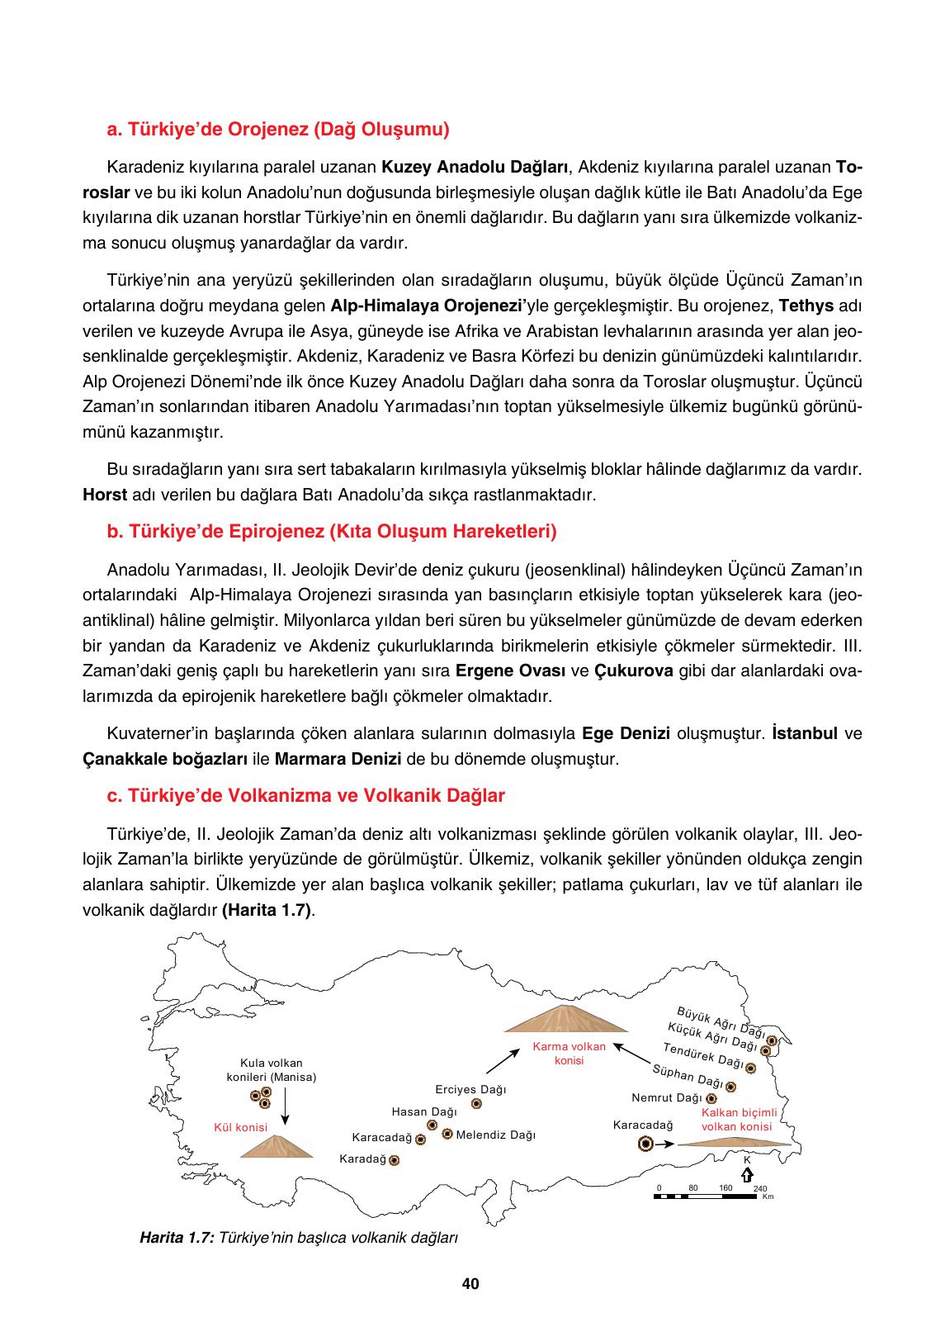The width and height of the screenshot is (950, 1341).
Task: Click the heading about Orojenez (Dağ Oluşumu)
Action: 278,130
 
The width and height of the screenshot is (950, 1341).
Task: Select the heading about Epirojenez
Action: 332,532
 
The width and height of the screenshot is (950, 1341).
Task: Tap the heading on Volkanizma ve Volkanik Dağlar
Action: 306,796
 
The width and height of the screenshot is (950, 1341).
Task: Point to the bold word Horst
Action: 105,495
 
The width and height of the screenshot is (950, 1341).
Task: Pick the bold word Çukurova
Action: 634,670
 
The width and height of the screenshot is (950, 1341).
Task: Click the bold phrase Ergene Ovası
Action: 510,670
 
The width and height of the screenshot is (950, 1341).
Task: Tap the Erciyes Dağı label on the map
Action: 470,1090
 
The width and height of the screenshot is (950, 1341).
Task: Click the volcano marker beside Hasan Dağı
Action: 432,1125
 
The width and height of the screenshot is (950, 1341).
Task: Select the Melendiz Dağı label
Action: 495,1135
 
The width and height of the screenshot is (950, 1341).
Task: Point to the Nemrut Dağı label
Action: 666,1098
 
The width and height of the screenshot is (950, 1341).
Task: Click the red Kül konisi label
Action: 240,1127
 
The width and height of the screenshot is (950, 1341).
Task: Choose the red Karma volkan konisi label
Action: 570,1053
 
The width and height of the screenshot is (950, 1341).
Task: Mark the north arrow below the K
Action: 746,1174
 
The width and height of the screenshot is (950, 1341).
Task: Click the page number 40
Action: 470,1284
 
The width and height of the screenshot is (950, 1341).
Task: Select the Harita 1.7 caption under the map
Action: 299,1239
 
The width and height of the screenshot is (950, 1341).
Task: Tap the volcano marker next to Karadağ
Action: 395,1160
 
